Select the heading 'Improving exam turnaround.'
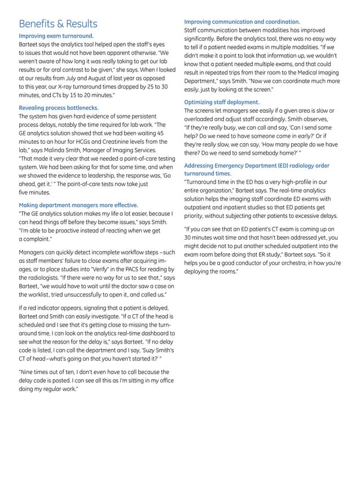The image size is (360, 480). pos(56,36)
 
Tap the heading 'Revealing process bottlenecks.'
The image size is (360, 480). pos(59,107)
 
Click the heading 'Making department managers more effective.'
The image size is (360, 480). pos(78,205)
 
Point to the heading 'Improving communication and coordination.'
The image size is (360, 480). pos(242,21)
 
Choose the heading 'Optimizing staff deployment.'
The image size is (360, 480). pos(222,102)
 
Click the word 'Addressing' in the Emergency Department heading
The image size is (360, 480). pos(200,166)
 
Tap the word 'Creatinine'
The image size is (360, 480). pos(106,142)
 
